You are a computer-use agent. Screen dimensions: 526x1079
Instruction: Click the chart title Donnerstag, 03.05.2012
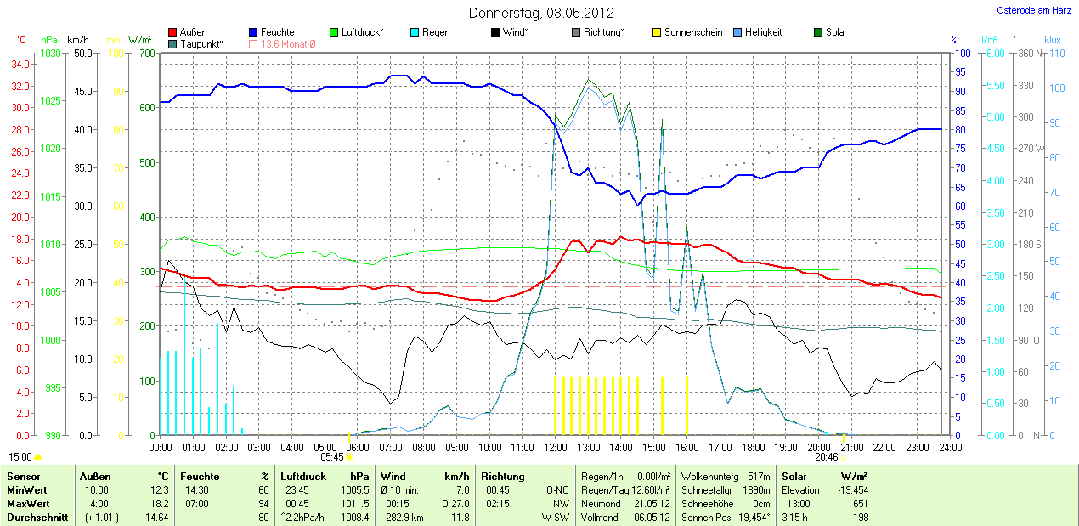point(541,13)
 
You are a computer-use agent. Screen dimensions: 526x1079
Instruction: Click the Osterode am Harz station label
point(1033,10)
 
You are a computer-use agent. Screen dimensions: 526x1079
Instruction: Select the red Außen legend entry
point(188,32)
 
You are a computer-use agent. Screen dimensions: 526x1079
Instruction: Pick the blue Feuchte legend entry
point(271,32)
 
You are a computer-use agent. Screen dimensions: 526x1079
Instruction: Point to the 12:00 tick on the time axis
point(556,447)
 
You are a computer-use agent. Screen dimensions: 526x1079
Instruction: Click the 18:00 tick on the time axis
point(753,447)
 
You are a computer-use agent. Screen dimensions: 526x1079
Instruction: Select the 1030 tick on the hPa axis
point(50,54)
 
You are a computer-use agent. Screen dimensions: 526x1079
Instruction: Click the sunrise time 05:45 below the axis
point(331,457)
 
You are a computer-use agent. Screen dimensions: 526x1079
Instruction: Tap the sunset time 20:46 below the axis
point(826,457)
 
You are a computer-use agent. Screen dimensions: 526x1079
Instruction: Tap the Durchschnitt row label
point(37,517)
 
